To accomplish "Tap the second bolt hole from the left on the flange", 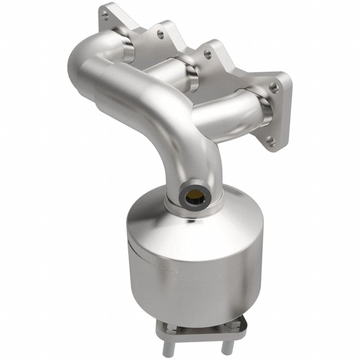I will click(x=160, y=34).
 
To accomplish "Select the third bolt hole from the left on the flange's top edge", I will click(x=207, y=54).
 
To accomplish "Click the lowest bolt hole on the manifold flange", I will click(x=270, y=141).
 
